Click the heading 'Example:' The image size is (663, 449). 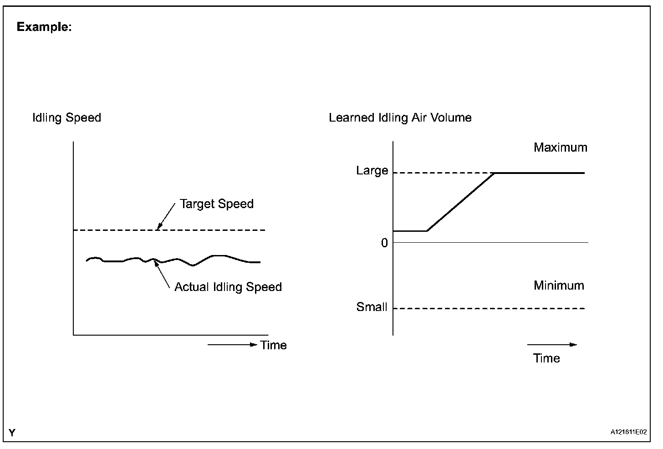tap(44, 27)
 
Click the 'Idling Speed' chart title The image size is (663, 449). tap(66, 118)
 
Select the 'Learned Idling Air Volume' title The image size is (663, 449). tap(400, 118)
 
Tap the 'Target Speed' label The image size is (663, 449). tap(216, 204)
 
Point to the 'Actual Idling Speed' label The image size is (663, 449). tap(228, 287)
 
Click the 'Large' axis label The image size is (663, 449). tap(372, 171)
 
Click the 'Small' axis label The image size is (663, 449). tap(372, 307)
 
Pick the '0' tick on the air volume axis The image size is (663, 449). tap(384, 243)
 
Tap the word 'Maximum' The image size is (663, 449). tap(560, 148)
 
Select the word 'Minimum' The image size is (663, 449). tap(559, 286)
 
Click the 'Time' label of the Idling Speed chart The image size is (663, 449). tap(273, 345)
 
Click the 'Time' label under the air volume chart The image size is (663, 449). tap(546, 358)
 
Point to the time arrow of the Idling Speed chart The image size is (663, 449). tap(232, 345)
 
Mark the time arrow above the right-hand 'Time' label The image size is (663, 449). tap(552, 345)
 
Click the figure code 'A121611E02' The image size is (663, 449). tap(628, 433)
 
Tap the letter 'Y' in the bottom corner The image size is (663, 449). tap(12, 433)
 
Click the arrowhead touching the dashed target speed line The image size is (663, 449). tap(159, 226)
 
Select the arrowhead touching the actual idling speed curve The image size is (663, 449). tap(156, 263)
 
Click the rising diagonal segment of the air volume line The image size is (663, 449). tap(461, 202)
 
